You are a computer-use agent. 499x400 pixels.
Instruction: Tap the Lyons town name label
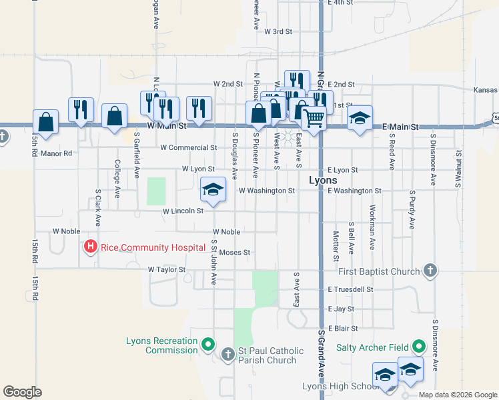tap(323, 181)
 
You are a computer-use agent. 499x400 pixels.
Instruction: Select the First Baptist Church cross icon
tap(431, 271)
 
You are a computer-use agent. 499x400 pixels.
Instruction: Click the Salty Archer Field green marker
tap(419, 346)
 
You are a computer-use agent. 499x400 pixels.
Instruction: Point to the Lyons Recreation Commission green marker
tap(208, 345)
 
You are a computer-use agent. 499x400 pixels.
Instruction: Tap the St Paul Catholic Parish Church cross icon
tap(228, 354)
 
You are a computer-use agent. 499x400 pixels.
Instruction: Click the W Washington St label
tap(266, 191)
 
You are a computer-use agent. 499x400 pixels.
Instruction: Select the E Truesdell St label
tap(350, 289)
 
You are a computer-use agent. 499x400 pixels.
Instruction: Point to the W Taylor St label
tap(166, 269)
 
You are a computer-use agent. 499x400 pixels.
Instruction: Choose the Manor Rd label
tap(55, 153)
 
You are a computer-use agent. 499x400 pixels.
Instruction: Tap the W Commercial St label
tap(189, 147)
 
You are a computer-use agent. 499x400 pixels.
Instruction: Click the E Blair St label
tap(343, 328)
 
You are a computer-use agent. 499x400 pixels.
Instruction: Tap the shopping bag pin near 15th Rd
tap(45, 122)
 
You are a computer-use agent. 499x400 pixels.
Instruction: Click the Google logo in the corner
tap(23, 392)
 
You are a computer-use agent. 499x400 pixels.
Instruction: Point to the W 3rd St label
tap(278, 31)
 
